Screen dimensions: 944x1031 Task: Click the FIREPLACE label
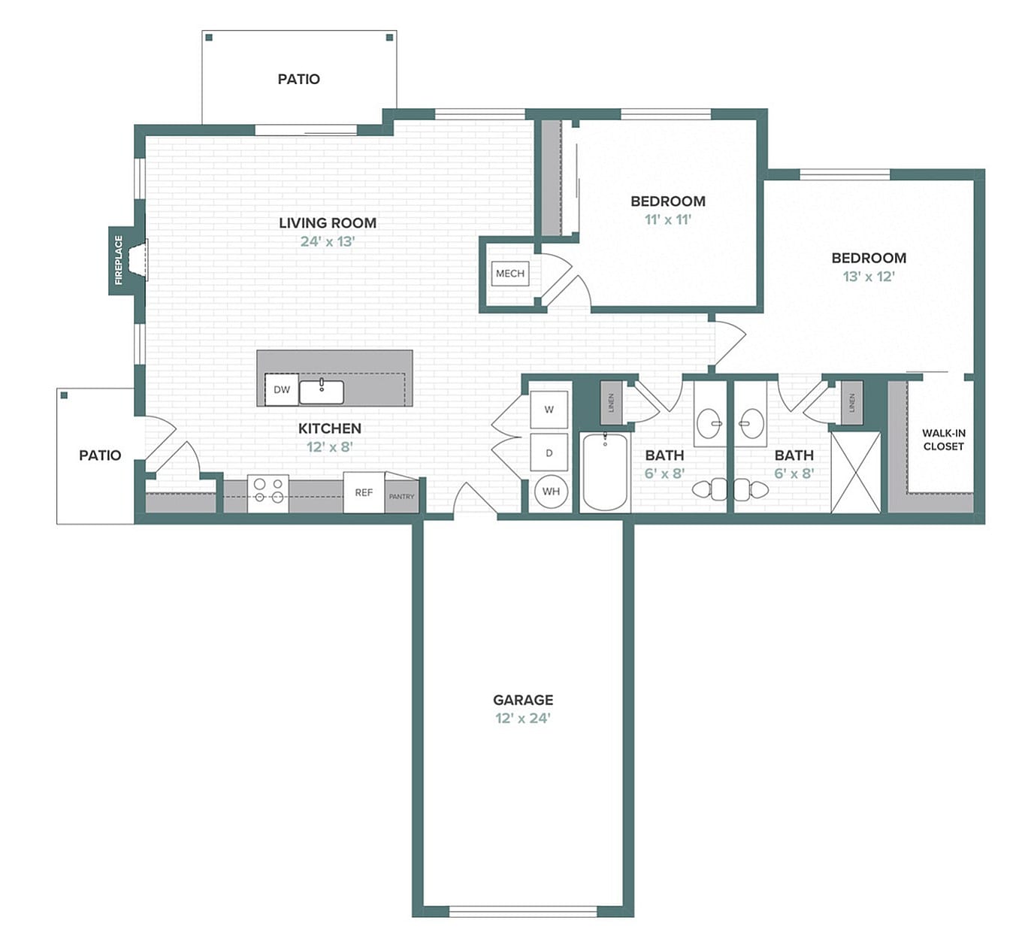118,260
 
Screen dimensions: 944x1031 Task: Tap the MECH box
510,274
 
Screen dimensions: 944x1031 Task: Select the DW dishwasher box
282,389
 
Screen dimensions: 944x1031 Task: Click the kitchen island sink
322,392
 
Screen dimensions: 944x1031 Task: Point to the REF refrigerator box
364,492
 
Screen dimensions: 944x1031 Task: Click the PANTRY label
401,497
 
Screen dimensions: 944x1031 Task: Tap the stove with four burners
268,492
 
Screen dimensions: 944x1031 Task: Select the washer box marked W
549,410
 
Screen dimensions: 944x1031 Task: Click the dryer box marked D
549,453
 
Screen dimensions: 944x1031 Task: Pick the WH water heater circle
551,492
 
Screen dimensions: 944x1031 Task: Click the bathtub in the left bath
605,472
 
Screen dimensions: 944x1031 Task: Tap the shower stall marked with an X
855,472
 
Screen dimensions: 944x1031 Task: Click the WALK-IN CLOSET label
944,440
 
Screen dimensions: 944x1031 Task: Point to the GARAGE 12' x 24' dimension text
523,718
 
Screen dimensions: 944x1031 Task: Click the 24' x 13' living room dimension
328,241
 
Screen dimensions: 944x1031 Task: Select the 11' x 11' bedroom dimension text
667,219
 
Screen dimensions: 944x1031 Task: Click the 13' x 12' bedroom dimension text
869,277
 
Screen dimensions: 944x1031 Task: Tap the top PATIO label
299,79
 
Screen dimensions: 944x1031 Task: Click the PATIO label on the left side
100,455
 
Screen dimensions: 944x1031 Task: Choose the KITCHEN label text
330,428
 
